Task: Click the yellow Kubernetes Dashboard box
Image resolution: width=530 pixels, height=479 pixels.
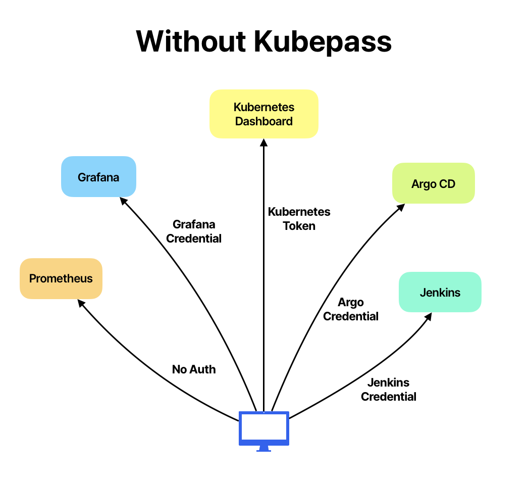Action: coord(263,114)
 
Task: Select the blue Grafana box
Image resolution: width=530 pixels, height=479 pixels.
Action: coord(98,177)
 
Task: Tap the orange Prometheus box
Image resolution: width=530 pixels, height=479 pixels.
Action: coord(61,278)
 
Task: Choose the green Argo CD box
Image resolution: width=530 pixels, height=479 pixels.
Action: coord(434,183)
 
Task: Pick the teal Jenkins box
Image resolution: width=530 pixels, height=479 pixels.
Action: coord(440,292)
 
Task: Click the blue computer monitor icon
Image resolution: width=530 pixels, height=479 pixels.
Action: coord(263,428)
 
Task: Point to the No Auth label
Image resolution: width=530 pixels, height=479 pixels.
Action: coord(194,369)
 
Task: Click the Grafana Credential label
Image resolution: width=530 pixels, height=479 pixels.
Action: coord(194,231)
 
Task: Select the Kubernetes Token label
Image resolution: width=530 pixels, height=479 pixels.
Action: coord(299,219)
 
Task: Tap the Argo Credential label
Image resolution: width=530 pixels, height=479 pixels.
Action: coord(351,309)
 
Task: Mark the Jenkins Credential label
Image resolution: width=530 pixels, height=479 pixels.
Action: coord(389,390)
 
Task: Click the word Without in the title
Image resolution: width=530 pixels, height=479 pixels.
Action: coord(190,41)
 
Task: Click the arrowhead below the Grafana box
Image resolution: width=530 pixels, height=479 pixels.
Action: coord(123,201)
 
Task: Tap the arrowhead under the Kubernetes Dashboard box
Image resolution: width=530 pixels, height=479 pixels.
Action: coord(263,142)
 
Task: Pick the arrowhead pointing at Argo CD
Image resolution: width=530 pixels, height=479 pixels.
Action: coord(401,208)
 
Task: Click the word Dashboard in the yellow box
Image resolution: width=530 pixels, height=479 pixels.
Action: coord(263,121)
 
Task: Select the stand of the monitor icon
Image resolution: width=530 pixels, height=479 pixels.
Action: coord(263,449)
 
